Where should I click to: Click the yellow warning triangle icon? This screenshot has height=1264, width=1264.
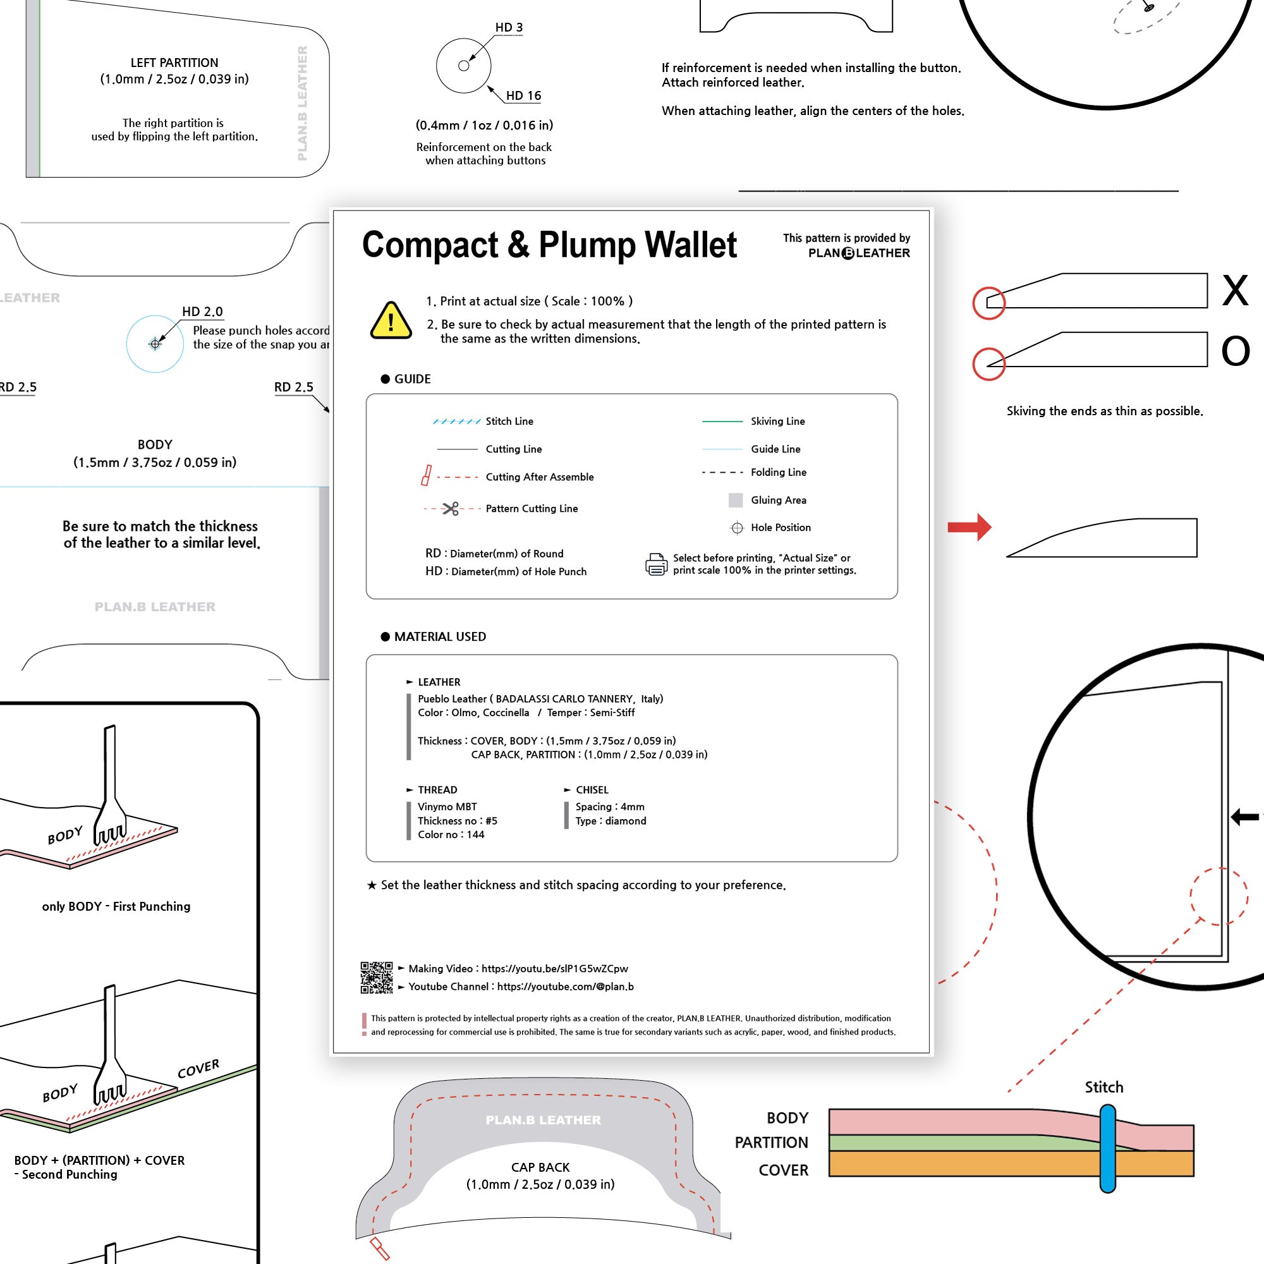(x=391, y=321)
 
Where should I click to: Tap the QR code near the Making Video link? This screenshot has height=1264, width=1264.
(x=376, y=978)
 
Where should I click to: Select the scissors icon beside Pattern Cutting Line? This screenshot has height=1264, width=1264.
(x=450, y=508)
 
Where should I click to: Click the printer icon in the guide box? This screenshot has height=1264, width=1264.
(x=656, y=564)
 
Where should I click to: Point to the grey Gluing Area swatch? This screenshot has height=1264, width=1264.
(x=736, y=500)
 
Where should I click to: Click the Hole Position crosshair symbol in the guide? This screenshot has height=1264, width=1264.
(x=737, y=527)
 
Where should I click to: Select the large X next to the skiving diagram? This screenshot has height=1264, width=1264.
(x=1234, y=291)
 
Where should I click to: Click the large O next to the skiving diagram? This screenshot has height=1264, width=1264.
(x=1235, y=351)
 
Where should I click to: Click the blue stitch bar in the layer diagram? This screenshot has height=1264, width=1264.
(x=1107, y=1148)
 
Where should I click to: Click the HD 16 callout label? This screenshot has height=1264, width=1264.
(x=523, y=95)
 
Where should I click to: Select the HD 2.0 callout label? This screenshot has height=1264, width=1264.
(x=202, y=312)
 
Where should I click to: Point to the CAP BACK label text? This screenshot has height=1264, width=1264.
(x=540, y=1167)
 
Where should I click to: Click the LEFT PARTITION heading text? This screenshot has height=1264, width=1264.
(x=174, y=63)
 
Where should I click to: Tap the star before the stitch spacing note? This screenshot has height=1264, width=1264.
(x=372, y=885)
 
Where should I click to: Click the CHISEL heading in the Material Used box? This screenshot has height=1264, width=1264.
(x=592, y=789)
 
